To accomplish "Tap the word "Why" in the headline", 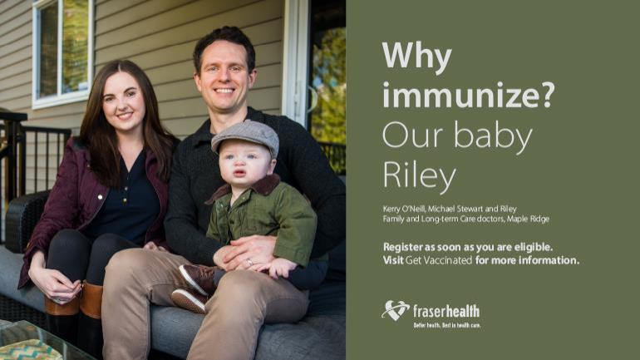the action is click(416, 57).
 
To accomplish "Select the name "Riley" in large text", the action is click(419, 175).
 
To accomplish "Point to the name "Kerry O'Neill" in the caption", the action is click(404, 209).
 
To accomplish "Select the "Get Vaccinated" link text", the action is click(438, 260).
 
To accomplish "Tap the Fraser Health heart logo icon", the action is click(395, 310).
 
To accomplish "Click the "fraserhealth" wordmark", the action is click(446, 312).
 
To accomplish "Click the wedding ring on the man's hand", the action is click(249, 263).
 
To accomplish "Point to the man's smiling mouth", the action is click(224, 91).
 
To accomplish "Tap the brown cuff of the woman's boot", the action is click(91, 300).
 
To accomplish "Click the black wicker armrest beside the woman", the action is click(25, 219).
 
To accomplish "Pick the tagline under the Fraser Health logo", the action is click(447, 325).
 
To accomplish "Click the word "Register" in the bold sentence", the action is click(403, 248).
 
